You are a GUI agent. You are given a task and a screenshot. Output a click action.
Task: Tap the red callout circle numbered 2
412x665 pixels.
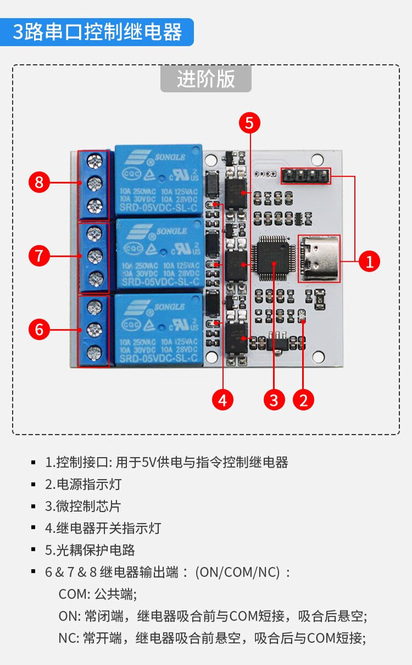tap(303, 400)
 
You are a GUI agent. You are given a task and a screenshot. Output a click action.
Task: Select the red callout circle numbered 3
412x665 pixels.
tap(274, 400)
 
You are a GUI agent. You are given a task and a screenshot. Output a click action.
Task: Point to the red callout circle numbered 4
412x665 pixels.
tap(222, 400)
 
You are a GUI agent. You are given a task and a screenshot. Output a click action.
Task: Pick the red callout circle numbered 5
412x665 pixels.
tap(249, 124)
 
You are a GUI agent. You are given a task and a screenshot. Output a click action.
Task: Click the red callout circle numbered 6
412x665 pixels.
tap(39, 329)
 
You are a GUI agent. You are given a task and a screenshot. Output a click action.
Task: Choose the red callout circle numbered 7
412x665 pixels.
tap(39, 255)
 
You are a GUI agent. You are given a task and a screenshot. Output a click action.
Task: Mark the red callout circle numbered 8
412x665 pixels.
tap(39, 182)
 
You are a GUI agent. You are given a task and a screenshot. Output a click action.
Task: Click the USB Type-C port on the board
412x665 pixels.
tap(319, 258)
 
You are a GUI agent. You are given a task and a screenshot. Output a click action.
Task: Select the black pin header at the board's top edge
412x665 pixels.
tap(306, 176)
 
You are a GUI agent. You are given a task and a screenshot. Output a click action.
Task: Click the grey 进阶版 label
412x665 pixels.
tap(205, 79)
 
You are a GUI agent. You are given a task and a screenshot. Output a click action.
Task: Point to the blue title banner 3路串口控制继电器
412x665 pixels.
tap(97, 32)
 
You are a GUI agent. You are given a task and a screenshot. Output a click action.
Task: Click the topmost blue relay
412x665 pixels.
tap(158, 180)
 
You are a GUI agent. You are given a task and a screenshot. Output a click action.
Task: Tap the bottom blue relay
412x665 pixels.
tap(158, 329)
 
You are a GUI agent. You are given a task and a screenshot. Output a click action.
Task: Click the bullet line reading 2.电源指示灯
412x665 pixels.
tap(82, 484)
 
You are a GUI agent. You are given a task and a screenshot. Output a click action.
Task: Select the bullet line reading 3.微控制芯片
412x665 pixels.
tap(82, 506)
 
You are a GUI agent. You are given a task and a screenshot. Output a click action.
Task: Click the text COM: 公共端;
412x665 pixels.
tap(97, 594)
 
